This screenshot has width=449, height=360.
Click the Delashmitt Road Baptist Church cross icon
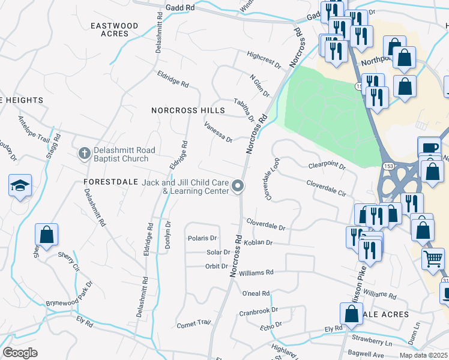click(85, 154)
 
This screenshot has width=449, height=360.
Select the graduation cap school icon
click(20, 186)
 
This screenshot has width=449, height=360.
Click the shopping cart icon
click(433, 259)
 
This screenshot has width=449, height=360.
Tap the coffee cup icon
click(429, 148)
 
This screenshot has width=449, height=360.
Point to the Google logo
click(20, 353)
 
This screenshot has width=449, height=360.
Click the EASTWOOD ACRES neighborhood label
click(114, 30)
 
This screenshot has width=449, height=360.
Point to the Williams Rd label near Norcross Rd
click(256, 272)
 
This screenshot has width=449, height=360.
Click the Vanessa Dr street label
click(218, 135)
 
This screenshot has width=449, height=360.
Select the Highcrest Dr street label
click(264, 59)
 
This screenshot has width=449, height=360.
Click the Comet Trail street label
click(193, 324)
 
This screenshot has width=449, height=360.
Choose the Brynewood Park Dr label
click(69, 294)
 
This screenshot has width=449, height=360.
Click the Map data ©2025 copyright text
click(423, 355)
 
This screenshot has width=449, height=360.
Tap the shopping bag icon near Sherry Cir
click(47, 235)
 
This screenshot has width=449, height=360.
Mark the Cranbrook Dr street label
click(259, 311)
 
